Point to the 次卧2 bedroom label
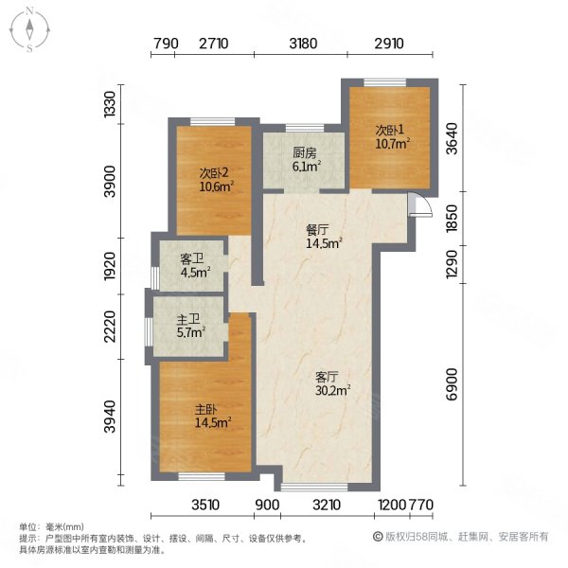213,172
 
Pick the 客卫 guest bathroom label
192,257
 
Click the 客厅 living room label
328,372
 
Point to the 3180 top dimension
304,44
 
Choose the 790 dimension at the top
166,44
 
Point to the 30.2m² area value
333,388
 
